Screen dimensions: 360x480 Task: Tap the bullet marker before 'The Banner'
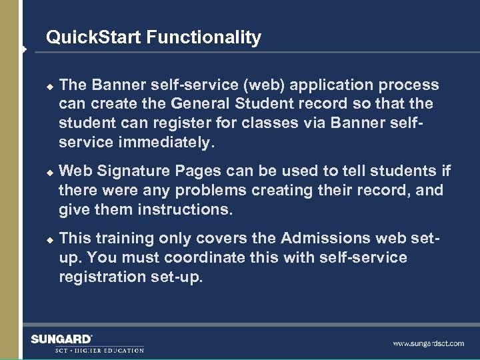(48, 85)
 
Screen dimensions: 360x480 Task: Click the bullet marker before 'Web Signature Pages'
(48, 172)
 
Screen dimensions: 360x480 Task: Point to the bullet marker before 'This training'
(48, 239)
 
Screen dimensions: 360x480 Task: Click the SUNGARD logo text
(61, 339)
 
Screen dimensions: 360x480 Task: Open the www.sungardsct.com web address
(428, 344)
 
